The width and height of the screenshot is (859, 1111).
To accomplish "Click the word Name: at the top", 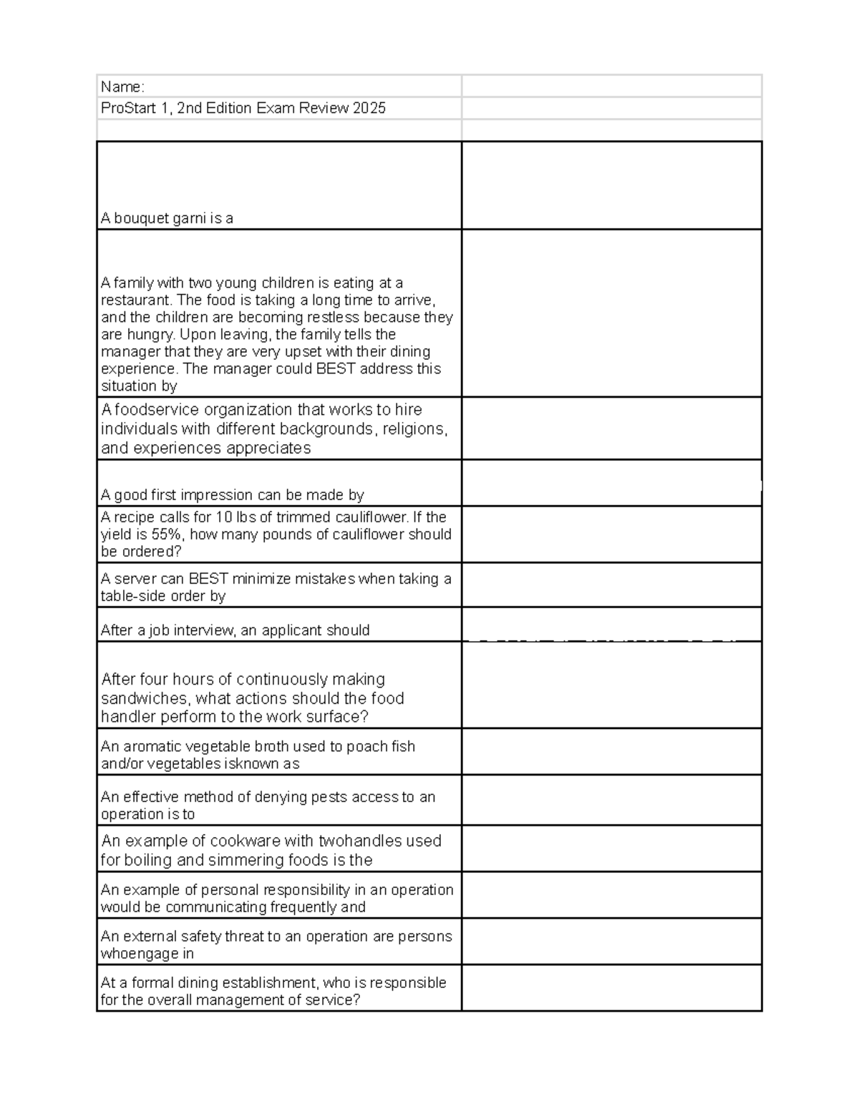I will pyautogui.click(x=122, y=87).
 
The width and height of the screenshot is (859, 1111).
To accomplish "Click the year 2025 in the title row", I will pyautogui.click(x=370, y=108).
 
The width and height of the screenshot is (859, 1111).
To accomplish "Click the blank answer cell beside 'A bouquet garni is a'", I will pyautogui.click(x=611, y=185).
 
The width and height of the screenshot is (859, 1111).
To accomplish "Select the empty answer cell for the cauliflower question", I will pyautogui.click(x=611, y=534).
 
